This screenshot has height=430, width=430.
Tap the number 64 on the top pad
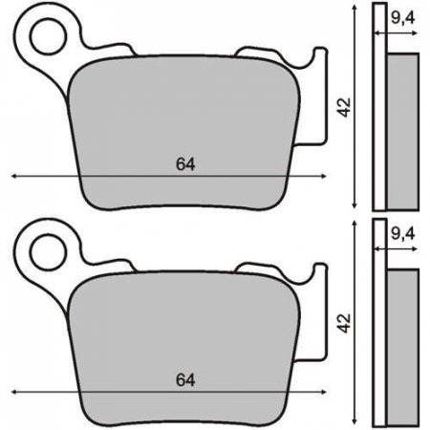[185, 163]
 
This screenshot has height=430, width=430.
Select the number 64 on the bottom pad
[185, 379]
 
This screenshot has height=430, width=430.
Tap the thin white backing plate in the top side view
[378, 105]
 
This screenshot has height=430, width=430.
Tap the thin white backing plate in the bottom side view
[378, 320]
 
